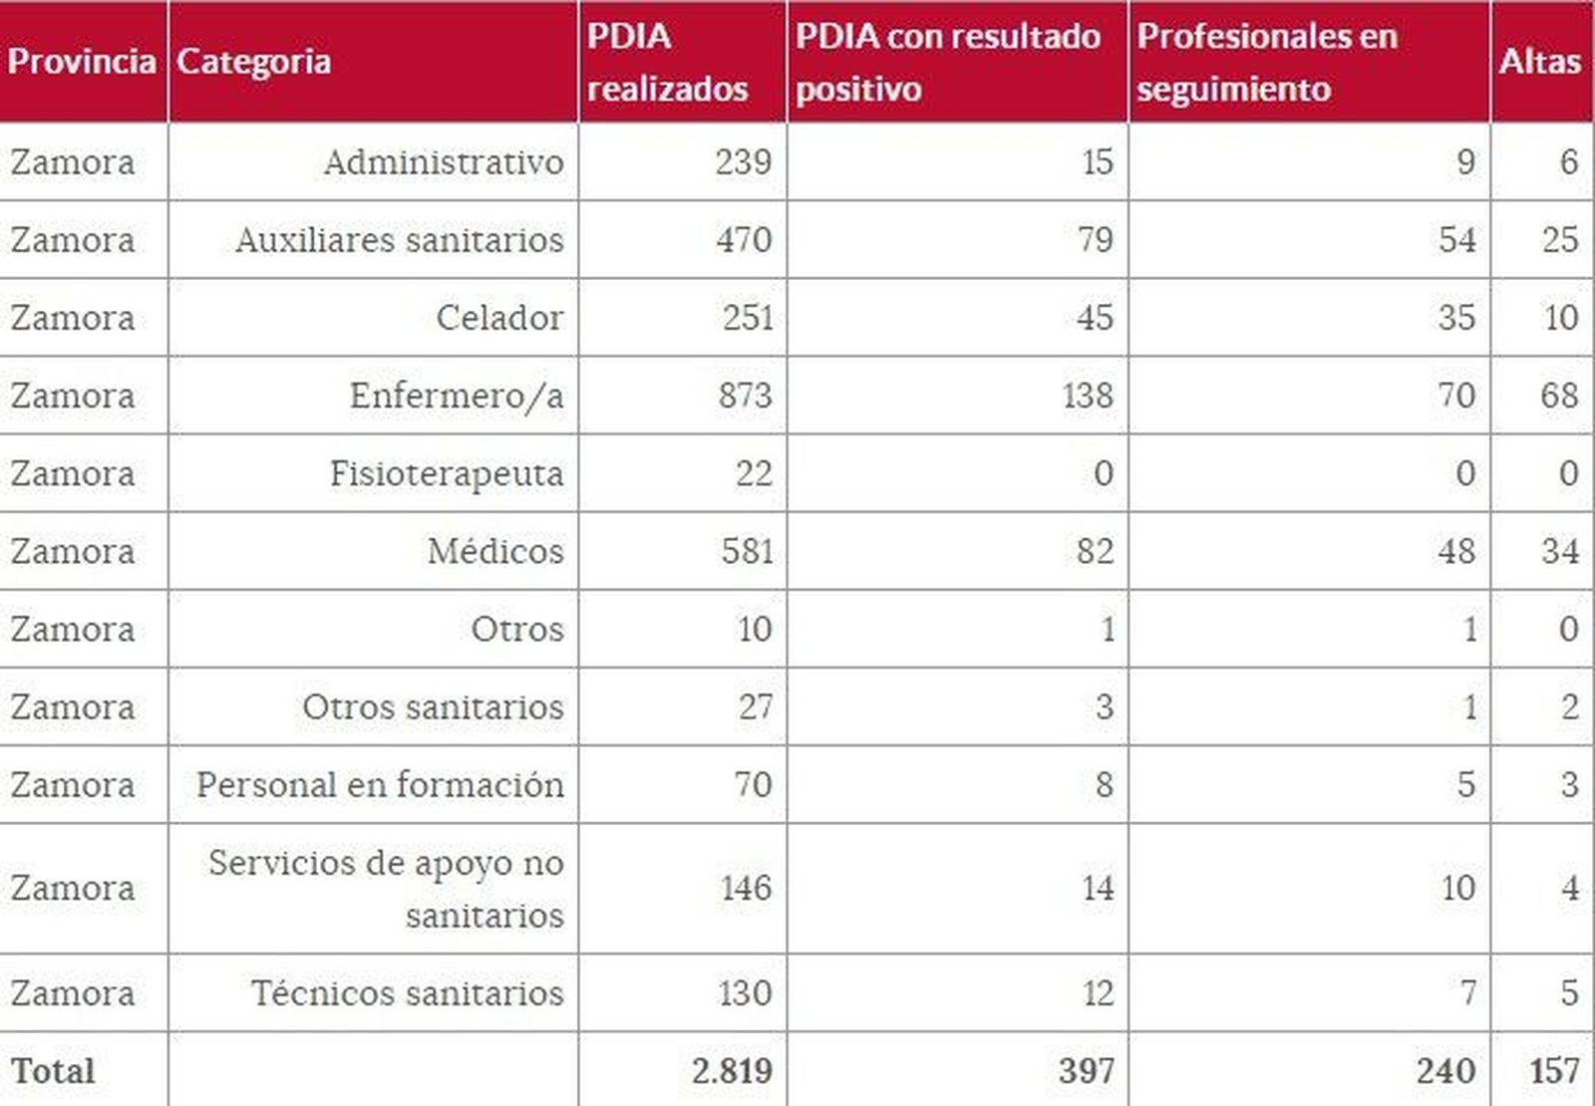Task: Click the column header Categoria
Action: (254, 62)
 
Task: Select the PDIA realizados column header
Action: (667, 62)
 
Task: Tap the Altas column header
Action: (1539, 62)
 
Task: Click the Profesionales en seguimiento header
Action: (1267, 62)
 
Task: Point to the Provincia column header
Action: (82, 62)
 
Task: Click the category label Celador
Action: (499, 318)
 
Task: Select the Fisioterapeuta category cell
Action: (447, 473)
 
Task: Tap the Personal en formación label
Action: (380, 785)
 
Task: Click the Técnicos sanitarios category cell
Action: (407, 993)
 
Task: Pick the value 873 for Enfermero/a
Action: (745, 396)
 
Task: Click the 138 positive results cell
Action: (1087, 396)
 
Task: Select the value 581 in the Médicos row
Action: (747, 551)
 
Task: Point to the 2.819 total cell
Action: (732, 1071)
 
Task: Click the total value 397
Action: (1086, 1071)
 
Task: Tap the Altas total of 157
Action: (1554, 1071)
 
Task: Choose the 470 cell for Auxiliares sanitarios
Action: (744, 240)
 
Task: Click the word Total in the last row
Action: (53, 1071)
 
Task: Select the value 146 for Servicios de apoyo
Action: (746, 888)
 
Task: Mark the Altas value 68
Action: (1559, 396)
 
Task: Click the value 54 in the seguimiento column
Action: (1456, 240)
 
